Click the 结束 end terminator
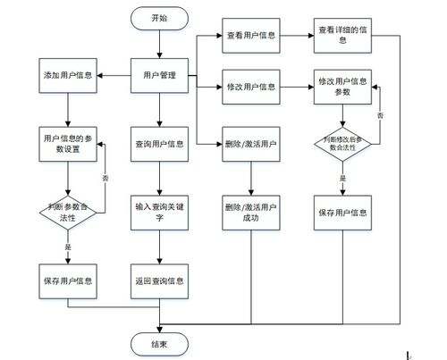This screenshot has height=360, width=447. point(159,341)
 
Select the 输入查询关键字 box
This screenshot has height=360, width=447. point(159,212)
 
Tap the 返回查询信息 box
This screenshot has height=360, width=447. point(159,281)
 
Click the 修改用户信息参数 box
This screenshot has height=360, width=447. point(342,87)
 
